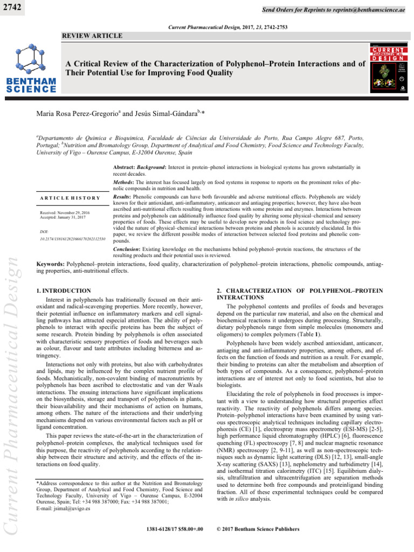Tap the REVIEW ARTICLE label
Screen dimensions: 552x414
point(93,36)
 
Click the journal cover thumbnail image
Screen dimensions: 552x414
point(389,71)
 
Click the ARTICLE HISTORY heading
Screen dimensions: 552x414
point(71,198)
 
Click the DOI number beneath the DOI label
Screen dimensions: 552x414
point(73,238)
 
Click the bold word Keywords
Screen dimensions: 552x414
point(50,265)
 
